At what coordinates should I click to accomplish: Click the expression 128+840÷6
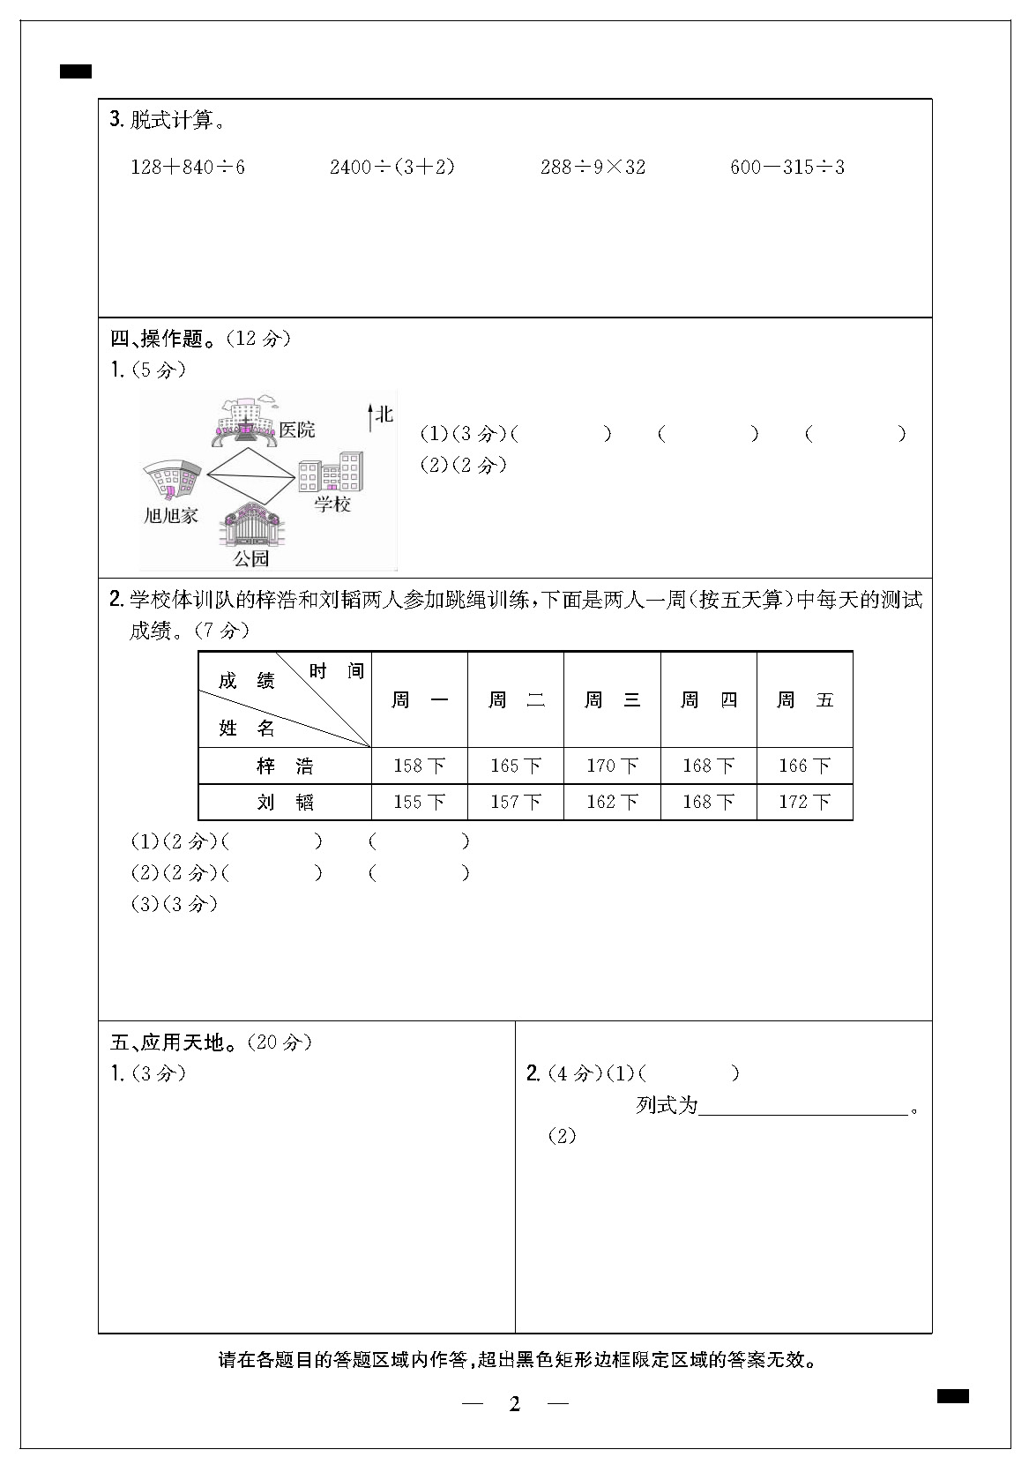(x=188, y=167)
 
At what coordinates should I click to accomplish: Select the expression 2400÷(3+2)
(x=392, y=167)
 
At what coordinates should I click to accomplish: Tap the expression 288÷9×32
(x=593, y=167)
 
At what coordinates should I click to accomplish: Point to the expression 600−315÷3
(x=787, y=167)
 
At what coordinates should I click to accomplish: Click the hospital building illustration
(x=243, y=423)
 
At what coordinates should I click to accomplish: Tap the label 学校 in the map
(x=333, y=504)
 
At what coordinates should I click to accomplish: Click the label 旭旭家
(x=171, y=516)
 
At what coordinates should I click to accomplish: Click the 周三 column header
(x=612, y=700)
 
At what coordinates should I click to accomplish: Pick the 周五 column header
(x=804, y=700)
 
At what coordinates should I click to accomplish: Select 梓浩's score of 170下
(x=612, y=766)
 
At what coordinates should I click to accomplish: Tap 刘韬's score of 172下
(x=804, y=803)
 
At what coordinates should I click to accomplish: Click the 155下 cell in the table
(x=419, y=803)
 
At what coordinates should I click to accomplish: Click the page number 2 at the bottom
(x=515, y=1404)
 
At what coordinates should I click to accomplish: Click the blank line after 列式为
(x=802, y=1107)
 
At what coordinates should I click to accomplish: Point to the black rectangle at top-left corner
(x=76, y=72)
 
